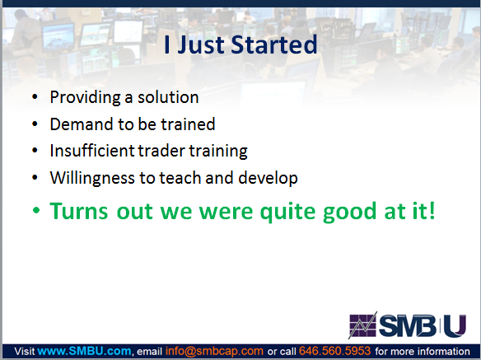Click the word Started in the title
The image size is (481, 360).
[274, 44]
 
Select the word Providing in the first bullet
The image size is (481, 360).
[86, 98]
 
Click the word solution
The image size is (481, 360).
[168, 97]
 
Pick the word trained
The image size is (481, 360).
[188, 124]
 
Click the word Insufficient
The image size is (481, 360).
[92, 151]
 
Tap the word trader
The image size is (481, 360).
[161, 151]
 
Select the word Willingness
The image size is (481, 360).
[92, 178]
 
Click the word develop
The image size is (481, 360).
[268, 178]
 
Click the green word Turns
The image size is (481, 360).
[79, 211]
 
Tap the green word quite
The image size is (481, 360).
[287, 212]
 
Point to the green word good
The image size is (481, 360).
[350, 212]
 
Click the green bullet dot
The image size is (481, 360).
[36, 211]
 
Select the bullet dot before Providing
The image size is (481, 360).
[35, 97]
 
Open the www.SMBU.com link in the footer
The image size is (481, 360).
[84, 351]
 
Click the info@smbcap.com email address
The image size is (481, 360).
[214, 352]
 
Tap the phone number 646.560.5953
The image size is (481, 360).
[334, 351]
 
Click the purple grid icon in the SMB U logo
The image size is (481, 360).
[363, 325]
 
